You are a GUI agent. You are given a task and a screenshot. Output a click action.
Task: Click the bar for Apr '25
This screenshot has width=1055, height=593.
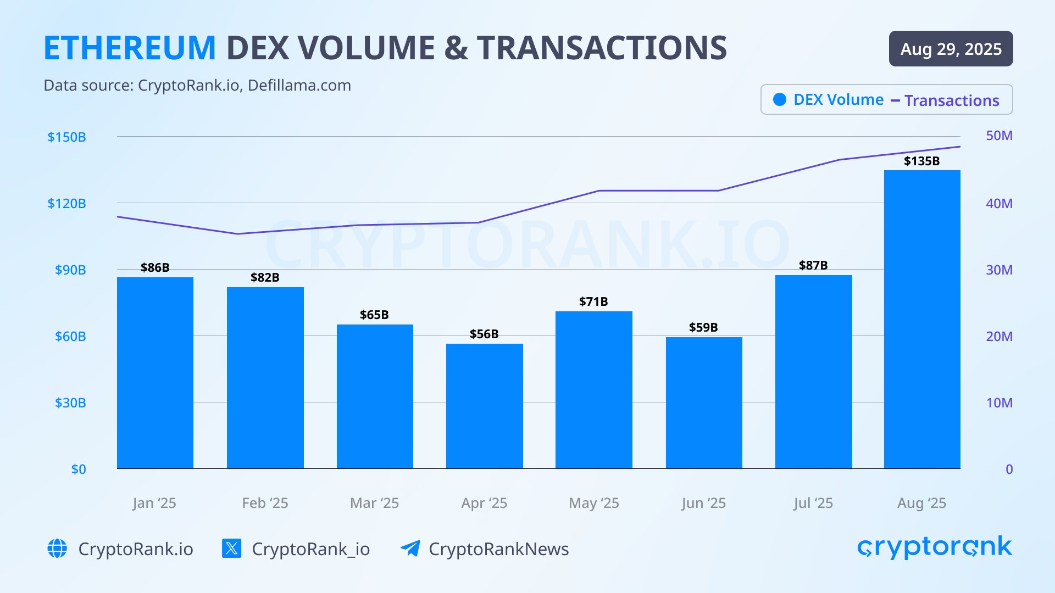tap(484, 406)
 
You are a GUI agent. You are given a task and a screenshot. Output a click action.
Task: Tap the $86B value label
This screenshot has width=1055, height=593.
tap(155, 267)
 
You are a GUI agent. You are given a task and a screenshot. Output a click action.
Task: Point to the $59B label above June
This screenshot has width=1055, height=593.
tap(703, 327)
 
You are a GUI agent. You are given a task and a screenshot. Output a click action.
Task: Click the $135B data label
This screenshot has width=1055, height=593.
tap(921, 161)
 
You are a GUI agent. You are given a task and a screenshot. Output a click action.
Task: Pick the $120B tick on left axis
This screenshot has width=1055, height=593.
tap(66, 204)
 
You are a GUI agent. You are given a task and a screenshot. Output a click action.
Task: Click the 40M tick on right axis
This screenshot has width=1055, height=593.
tap(999, 204)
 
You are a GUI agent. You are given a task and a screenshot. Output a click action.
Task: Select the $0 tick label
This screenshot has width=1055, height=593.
tap(79, 469)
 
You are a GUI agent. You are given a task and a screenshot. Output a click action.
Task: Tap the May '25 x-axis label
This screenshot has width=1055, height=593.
tap(593, 503)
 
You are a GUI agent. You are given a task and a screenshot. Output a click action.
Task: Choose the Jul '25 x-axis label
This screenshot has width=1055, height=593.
tap(813, 503)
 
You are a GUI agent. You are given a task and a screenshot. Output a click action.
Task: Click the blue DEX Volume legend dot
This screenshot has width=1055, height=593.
tap(779, 99)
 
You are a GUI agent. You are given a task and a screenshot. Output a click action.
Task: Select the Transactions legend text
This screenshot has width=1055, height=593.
tap(952, 100)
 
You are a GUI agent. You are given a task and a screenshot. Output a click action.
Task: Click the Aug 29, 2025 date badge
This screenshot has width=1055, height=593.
tap(951, 49)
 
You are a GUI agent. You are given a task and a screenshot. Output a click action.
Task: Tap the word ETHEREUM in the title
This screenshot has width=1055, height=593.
tap(130, 48)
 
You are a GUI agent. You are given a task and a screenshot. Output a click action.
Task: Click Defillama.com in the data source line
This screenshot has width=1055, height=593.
tap(299, 86)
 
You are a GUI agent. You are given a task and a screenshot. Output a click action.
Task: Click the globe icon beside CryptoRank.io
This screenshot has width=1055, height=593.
tap(57, 549)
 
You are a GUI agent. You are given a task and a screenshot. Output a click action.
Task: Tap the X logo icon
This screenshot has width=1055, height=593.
tap(231, 549)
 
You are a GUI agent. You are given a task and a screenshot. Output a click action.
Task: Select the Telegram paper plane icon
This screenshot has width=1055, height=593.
tap(410, 548)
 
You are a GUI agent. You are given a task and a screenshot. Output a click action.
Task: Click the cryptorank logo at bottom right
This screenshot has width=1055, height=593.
tap(934, 547)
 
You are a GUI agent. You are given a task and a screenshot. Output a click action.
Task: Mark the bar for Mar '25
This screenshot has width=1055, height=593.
tap(375, 396)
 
